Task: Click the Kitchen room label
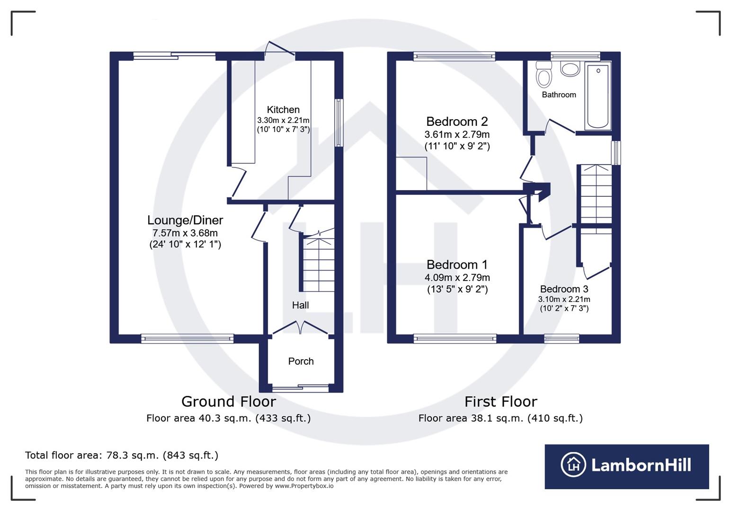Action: coord(283,110)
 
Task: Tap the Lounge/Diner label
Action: coord(185,220)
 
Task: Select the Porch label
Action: coord(301,361)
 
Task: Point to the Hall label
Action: coord(300,305)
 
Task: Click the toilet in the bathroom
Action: coord(544,76)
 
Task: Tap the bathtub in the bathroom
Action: coord(597,96)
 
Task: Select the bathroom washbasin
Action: coord(570,69)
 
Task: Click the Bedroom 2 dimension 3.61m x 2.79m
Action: coord(457,134)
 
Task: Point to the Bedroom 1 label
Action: coord(457,264)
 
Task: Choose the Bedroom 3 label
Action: coord(564,289)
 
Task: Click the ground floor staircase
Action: coord(319,265)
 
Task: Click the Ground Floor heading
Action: coord(228,402)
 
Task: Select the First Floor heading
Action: coord(500,402)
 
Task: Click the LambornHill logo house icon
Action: coord(573,465)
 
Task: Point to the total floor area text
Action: coord(122,456)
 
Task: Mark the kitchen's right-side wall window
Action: coord(339,123)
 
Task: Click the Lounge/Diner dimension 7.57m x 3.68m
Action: coord(185,233)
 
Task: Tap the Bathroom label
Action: coord(559,95)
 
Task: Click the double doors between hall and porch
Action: coord(300,327)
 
